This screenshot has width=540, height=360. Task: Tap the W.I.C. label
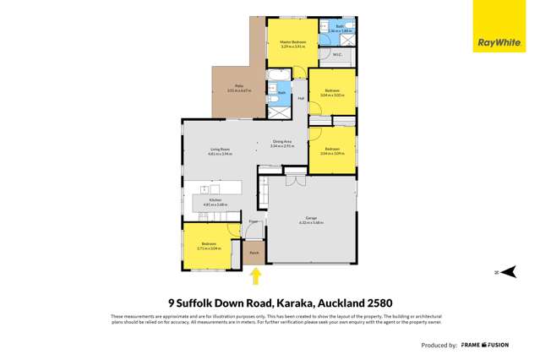pos(336,56)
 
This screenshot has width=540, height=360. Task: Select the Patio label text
pos(239,87)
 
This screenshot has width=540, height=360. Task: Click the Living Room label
pos(221,150)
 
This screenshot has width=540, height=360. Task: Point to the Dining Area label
pos(281,141)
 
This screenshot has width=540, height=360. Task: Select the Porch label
pos(254,252)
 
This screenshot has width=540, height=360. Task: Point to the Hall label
pos(300,98)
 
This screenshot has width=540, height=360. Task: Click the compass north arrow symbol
pos(507,271)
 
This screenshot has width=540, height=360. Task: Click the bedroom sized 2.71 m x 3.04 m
pos(206,246)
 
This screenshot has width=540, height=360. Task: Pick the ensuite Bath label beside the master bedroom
pos(338,27)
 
